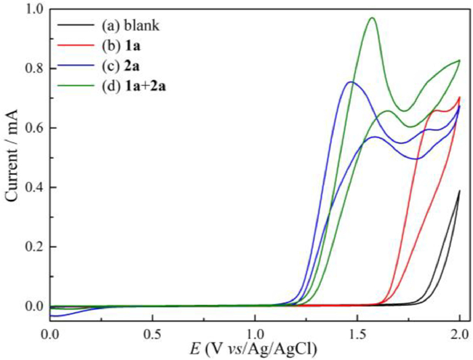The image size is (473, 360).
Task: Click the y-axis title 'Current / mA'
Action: tap(11, 163)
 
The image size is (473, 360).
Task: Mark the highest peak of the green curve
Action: tap(372, 18)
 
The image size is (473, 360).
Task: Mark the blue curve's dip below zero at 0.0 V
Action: tap(55, 315)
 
